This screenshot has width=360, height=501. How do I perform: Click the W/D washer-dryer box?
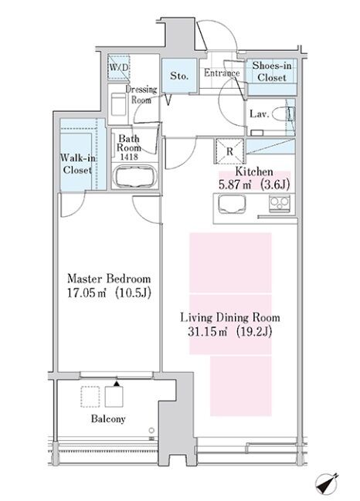(119, 67)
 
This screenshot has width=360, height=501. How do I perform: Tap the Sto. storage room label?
(179, 76)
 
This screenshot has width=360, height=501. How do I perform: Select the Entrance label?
(222, 73)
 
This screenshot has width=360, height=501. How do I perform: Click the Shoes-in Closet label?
(272, 72)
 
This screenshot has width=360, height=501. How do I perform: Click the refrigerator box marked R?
(229, 151)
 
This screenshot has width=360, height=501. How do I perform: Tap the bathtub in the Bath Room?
(135, 176)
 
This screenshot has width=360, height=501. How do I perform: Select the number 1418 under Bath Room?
(129, 157)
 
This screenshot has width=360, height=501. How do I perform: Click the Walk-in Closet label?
(78, 164)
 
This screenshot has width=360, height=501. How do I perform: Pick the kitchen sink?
(232, 204)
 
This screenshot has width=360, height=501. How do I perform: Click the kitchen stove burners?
(280, 203)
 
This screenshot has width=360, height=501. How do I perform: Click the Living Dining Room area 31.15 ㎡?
(207, 332)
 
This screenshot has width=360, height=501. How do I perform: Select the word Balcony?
(108, 419)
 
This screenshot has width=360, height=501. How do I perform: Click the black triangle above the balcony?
(117, 384)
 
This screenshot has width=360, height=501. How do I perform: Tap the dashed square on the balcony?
(90, 397)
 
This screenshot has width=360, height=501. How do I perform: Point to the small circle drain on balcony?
(151, 431)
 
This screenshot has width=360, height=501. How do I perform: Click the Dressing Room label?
(141, 95)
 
